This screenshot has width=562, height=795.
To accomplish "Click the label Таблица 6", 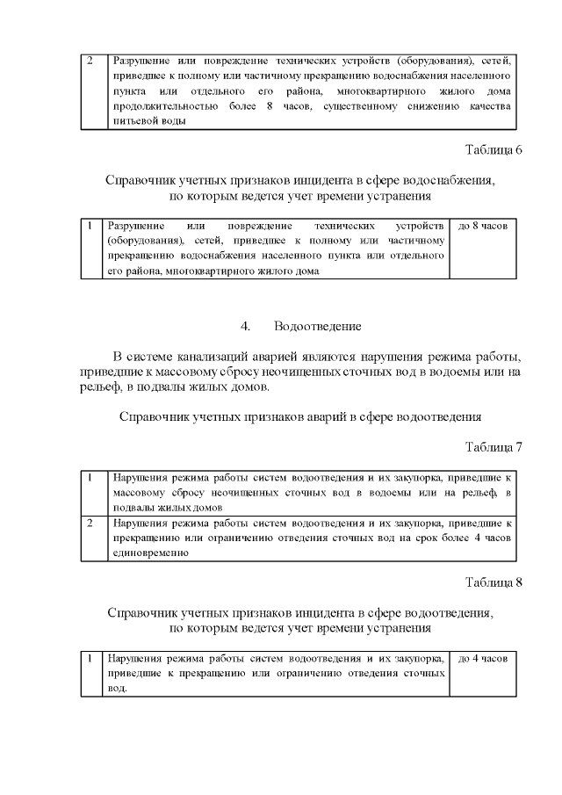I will click(x=494, y=149).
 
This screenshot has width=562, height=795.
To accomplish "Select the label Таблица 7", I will click(x=494, y=448).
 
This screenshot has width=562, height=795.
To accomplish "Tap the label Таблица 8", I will click(x=494, y=583).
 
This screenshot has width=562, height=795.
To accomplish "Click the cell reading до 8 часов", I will click(x=483, y=227).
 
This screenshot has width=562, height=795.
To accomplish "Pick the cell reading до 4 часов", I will click(x=483, y=658).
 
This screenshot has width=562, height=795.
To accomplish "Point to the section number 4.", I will click(x=246, y=327).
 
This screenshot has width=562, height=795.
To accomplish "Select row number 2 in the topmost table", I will click(x=89, y=61).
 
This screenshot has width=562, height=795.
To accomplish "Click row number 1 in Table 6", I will click(x=90, y=226).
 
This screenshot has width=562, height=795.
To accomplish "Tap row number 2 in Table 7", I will click(x=90, y=524).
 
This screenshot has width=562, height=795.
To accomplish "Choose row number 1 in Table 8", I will click(x=90, y=658).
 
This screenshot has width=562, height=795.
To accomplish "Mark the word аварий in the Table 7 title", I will click(x=325, y=416).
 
